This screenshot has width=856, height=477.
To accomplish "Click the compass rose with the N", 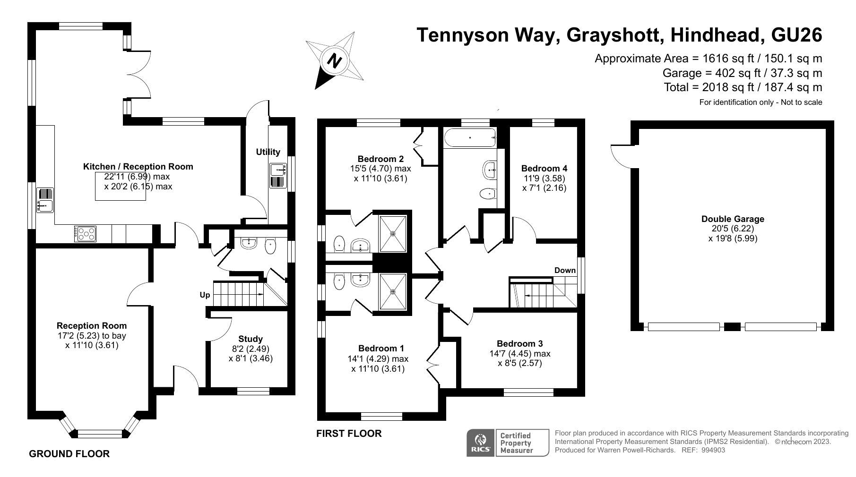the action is [335, 60].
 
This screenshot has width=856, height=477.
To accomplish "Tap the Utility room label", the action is [268, 152].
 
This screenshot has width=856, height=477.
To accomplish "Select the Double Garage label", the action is [733, 219].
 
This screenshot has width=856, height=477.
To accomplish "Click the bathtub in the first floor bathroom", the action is [469, 137].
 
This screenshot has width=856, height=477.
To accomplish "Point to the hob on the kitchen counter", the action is [86, 233].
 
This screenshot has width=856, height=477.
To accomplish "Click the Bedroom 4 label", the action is [544, 168].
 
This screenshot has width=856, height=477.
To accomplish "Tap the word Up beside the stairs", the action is [205, 295].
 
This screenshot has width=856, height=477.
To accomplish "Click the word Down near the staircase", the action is [565, 270].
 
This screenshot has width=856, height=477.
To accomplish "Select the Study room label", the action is [251, 339].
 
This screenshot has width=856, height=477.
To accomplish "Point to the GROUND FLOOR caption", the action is [69, 454].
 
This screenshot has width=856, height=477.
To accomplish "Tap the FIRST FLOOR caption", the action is [349, 434].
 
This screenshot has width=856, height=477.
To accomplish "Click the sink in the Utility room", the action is [278, 176].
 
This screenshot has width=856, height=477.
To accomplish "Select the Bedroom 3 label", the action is [519, 343].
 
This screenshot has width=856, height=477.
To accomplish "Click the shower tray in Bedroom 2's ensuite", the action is [392, 233].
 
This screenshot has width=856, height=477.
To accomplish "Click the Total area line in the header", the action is [743, 87].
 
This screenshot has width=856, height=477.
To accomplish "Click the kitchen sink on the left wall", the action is [46, 200].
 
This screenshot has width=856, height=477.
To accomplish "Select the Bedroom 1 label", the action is [381, 349].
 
